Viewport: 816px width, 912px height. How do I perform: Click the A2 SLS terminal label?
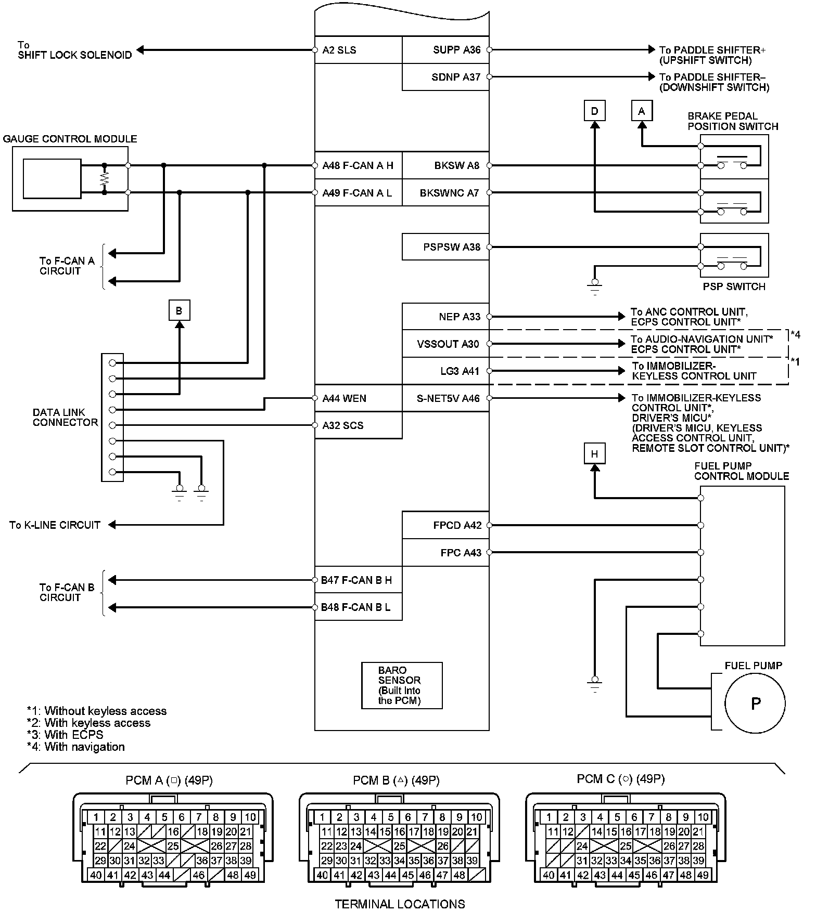339,50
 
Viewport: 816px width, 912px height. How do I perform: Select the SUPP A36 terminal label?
456,50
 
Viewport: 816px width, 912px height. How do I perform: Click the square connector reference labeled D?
595,111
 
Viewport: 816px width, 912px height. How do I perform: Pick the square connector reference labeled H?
595,454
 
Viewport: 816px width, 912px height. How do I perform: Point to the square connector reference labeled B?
179,311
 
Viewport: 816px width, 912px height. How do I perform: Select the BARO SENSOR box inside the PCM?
402,685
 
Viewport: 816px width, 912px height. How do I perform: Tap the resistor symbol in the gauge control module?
105,179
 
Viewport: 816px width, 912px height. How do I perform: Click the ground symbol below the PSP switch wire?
595,286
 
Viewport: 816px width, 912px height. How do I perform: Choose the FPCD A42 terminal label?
457,526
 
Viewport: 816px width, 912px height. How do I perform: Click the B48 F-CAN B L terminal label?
355,607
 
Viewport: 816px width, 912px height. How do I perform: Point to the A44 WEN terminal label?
344,399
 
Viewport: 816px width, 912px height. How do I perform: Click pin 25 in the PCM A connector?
173,846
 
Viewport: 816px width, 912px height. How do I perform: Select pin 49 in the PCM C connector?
703,875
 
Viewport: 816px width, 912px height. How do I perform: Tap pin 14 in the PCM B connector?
370,831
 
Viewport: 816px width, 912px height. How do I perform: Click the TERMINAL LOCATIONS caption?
400,904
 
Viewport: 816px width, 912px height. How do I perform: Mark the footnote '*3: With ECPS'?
65,735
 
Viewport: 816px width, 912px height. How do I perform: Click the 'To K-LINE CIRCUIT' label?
55,525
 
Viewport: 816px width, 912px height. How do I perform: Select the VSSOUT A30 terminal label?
448,344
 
